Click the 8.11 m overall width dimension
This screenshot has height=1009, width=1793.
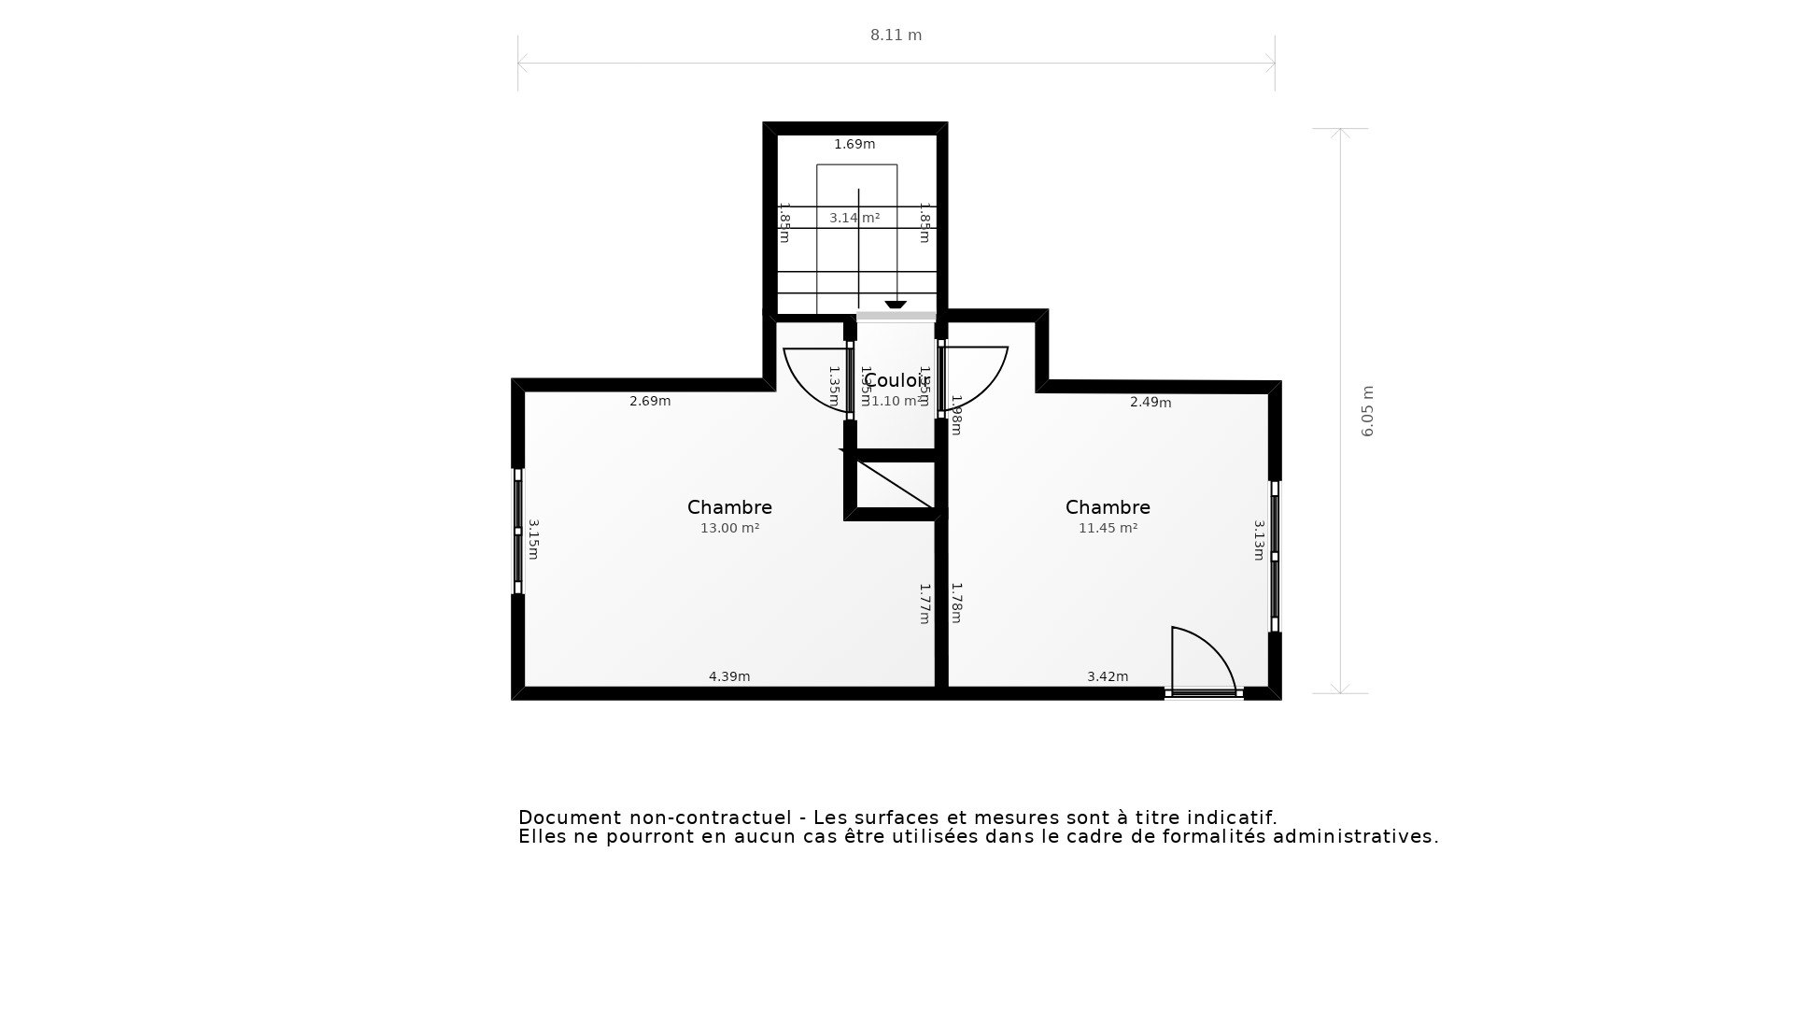(896, 36)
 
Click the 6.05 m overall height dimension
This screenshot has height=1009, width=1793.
(1367, 411)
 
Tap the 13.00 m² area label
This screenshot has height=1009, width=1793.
(729, 529)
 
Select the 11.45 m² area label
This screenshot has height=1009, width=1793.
(1108, 529)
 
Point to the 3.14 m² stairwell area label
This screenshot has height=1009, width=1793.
(854, 219)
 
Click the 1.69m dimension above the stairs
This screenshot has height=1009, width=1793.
(854, 145)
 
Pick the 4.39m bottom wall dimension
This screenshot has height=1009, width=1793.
(729, 677)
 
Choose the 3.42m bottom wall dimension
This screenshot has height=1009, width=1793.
(1108, 677)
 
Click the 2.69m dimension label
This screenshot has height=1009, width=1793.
(650, 402)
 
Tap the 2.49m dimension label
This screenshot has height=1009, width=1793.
(1151, 403)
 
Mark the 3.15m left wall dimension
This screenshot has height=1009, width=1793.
(533, 540)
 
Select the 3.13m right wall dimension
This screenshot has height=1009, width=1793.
(1259, 540)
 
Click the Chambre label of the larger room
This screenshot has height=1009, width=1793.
(729, 507)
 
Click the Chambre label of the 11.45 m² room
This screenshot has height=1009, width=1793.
(1108, 507)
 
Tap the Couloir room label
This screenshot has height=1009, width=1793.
(895, 381)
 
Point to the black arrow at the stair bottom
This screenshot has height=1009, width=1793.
(896, 305)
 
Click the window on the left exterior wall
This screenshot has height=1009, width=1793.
(518, 531)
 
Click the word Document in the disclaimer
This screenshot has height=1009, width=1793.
(569, 818)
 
